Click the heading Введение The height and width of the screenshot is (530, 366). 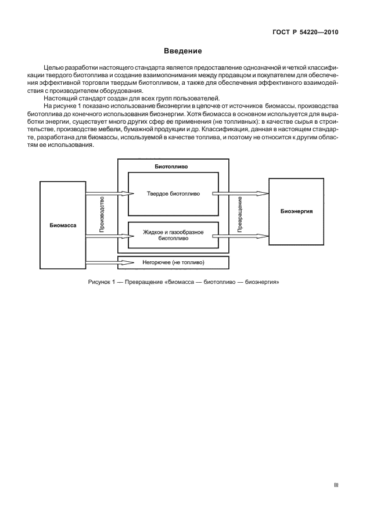pos(182,52)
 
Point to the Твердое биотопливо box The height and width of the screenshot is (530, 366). pos(173,194)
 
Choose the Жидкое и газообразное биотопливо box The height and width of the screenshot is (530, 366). pos(173,235)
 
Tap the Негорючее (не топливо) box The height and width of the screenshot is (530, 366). pos(173,263)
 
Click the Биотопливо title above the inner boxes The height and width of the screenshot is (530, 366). pos(171,166)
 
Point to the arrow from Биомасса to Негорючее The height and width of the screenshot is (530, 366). pos(102,263)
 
